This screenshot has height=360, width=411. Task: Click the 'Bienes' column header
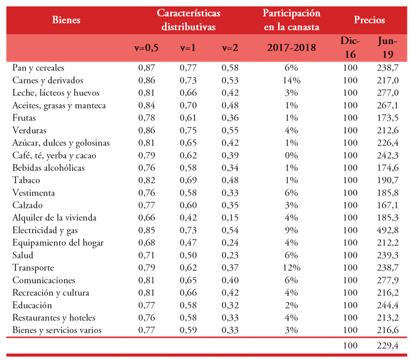[x=65, y=20]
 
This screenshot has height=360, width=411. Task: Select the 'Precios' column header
[x=369, y=20]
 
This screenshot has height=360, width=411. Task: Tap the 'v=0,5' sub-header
[x=146, y=48]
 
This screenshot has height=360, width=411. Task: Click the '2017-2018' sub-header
[x=291, y=48]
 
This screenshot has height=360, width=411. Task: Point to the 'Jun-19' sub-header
[x=388, y=48]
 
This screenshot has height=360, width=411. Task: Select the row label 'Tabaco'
[x=26, y=180]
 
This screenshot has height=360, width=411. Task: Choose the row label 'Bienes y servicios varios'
[x=57, y=330]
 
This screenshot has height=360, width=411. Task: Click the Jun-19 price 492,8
[x=388, y=230]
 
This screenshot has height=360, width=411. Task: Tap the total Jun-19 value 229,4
[x=388, y=346]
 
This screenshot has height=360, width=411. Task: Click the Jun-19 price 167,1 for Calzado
[x=388, y=205]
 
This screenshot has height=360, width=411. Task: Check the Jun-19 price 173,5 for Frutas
[x=388, y=118]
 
